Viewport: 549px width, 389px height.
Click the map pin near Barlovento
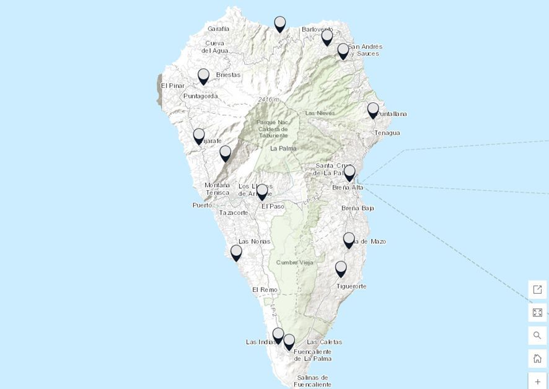point(327,37)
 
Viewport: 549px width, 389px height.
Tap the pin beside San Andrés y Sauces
point(343,51)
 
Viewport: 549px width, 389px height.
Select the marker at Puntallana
point(372,110)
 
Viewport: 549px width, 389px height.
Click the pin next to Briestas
point(203,76)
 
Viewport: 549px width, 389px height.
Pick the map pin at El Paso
point(262,191)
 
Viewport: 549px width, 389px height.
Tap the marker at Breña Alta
point(349,172)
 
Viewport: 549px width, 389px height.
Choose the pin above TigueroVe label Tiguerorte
point(341,268)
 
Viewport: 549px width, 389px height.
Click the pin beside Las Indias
point(278,335)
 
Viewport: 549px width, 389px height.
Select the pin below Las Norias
point(236,252)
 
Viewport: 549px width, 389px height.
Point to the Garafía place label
point(218,28)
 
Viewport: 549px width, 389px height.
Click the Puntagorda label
point(200,96)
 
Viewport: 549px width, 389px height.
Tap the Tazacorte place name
point(234,212)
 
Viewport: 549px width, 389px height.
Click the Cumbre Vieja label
point(295,263)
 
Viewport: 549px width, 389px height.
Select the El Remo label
point(265,289)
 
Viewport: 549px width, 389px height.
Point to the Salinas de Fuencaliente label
point(312,380)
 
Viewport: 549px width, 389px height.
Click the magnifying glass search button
point(537,336)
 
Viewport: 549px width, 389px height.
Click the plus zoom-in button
point(537,382)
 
